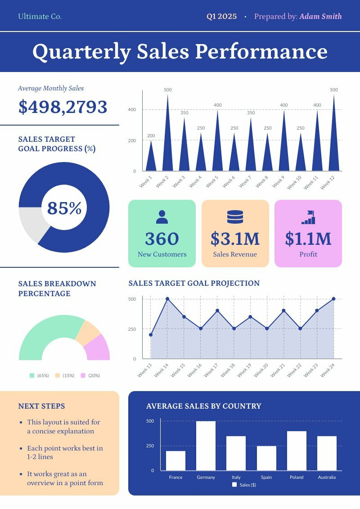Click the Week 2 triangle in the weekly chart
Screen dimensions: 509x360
[167, 144]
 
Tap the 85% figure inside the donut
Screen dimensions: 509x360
[64, 208]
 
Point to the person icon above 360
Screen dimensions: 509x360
[162, 217]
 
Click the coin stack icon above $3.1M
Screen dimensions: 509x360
[235, 217]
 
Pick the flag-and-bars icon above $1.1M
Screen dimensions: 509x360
[308, 217]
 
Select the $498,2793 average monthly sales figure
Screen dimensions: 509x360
[63, 107]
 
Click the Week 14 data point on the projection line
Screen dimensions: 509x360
[167, 299]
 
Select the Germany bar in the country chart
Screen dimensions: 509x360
[206, 446]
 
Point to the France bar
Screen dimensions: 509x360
[175, 460]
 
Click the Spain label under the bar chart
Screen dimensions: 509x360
[266, 477]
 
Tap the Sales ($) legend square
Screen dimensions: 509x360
[234, 485]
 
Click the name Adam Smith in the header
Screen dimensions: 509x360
[320, 17]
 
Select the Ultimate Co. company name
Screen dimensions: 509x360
[40, 17]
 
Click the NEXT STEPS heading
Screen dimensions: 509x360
[41, 406]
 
